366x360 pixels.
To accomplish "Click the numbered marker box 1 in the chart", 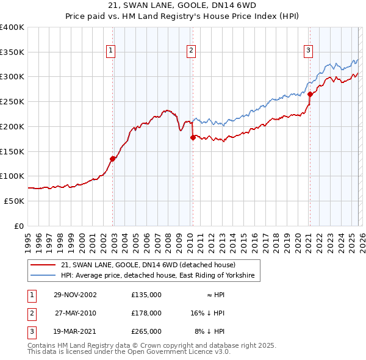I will click(x=111, y=51).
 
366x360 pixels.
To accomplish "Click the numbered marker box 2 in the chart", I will click(x=192, y=51).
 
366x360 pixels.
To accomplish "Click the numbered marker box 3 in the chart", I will click(x=308, y=51).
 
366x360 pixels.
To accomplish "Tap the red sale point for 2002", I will click(x=113, y=159).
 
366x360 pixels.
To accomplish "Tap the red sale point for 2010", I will click(x=193, y=137).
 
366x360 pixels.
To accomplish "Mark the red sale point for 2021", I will click(x=310, y=94).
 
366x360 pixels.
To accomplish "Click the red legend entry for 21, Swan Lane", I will click(x=144, y=265).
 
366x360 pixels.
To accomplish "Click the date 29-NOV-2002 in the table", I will click(x=75, y=295).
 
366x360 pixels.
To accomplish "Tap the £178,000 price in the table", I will click(x=146, y=313).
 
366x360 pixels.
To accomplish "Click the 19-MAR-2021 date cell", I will click(x=75, y=331).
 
